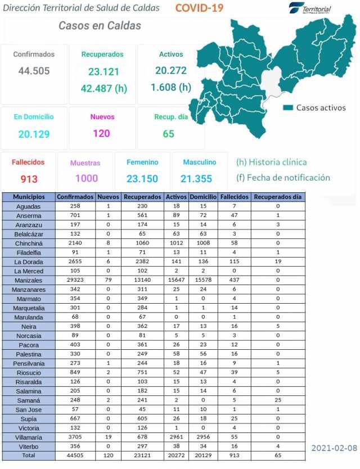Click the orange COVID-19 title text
pyautogui.click(x=199, y=8)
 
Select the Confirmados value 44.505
pyautogui.click(x=34, y=71)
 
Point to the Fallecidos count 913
pyautogui.click(x=29, y=179)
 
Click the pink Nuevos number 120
pyautogui.click(x=102, y=133)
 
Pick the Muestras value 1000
pyautogui.click(x=85, y=178)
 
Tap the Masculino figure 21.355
pyautogui.click(x=200, y=178)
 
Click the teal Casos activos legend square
pyautogui.click(x=288, y=107)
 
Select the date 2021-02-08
pyautogui.click(x=334, y=448)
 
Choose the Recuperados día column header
pyautogui.click(x=278, y=197)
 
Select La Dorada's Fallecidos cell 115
pyautogui.click(x=231, y=261)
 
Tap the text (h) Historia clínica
pyautogui.click(x=272, y=162)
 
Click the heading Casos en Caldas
pyautogui.click(x=100, y=26)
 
